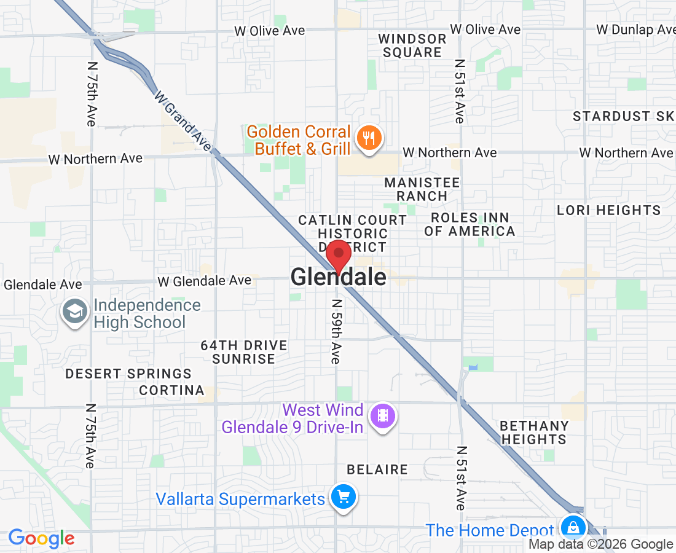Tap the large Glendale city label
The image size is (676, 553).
click(x=339, y=277)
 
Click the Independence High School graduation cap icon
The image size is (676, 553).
click(x=74, y=312)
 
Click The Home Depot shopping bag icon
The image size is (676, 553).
click(x=573, y=528)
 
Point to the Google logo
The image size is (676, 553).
click(x=41, y=539)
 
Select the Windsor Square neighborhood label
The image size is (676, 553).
click(x=412, y=45)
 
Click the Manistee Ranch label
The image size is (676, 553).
click(x=422, y=189)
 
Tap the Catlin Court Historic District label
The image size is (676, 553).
click(x=352, y=233)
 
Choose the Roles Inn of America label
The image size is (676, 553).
click(x=470, y=224)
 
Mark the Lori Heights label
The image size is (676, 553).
click(x=608, y=210)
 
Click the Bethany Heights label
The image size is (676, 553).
click(x=533, y=433)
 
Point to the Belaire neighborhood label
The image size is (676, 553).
click(x=377, y=469)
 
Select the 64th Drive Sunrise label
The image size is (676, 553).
click(x=244, y=352)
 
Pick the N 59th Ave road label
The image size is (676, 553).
click(x=336, y=331)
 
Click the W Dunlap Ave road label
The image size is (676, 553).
click(x=635, y=29)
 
